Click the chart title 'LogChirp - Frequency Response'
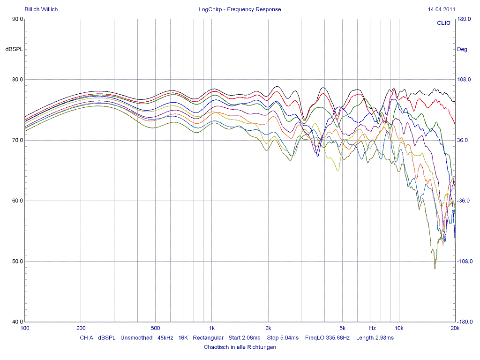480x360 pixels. [240, 9]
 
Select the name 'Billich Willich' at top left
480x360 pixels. [41, 9]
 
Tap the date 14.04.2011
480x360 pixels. [442, 9]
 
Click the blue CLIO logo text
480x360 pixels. [443, 23]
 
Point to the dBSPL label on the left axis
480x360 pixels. [14, 49]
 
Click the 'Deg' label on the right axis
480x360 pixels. [462, 49]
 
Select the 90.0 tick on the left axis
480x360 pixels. [17, 19]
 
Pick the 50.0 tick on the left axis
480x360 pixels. [17, 262]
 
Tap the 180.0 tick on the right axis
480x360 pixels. [464, 19]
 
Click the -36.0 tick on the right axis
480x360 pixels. [464, 201]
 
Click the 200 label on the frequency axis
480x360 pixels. [81, 328]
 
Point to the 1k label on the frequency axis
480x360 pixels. [212, 328]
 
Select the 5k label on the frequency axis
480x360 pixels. [343, 328]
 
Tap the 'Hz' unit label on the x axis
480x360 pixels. [372, 328]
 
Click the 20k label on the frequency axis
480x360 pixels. [455, 328]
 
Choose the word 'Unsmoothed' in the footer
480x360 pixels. [136, 337]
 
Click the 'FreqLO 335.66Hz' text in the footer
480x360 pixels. [327, 337]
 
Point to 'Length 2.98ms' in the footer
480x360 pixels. [375, 337]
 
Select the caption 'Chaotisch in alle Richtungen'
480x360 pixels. [240, 347]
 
